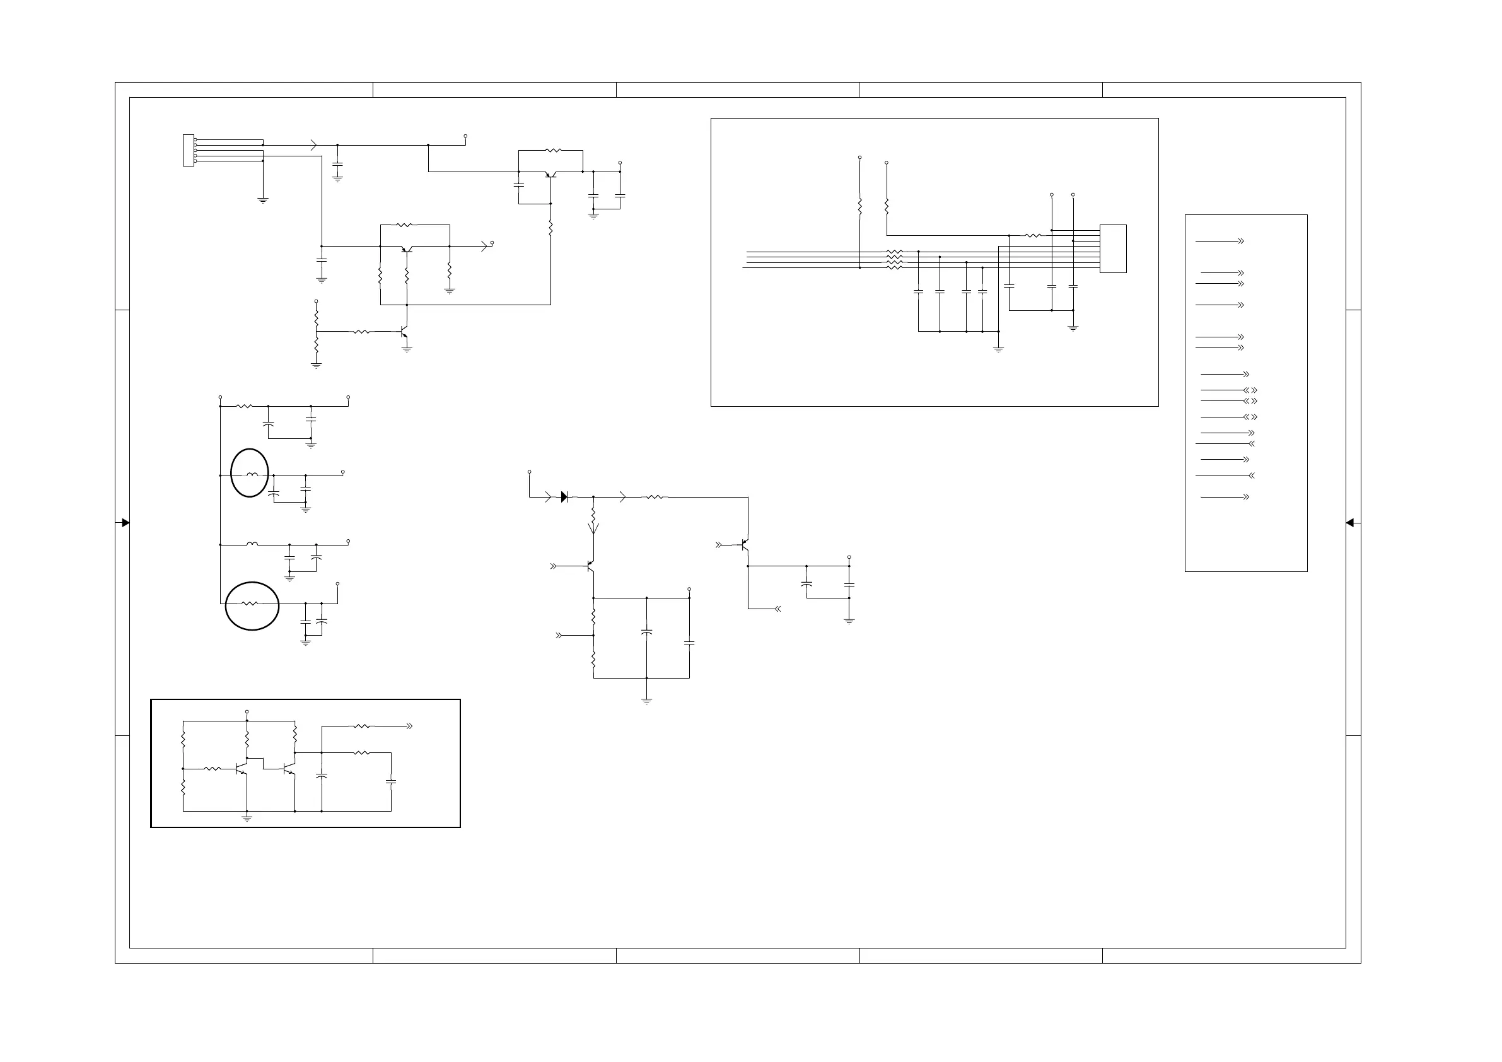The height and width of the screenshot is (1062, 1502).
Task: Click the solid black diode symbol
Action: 564,498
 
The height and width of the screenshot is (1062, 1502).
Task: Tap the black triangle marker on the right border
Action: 1350,523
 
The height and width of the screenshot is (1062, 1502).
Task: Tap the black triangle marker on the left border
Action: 125,523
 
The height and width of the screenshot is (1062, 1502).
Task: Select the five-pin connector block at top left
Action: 189,151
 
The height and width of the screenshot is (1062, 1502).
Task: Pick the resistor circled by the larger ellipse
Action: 249,604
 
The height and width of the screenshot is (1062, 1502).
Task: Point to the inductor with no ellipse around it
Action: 252,544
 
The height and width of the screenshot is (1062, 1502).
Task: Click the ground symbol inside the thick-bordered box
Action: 247,818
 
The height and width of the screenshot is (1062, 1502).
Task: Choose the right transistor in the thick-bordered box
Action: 289,768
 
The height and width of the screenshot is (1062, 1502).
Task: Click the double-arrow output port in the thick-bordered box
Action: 409,726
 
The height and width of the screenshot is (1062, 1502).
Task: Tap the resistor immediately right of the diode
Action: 655,498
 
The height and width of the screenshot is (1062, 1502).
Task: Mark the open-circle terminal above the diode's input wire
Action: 529,472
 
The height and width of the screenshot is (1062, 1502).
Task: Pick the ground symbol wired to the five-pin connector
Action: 263,201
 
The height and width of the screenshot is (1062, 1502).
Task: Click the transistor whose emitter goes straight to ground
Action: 404,332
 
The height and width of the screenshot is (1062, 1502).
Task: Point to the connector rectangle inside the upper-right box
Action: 1113,248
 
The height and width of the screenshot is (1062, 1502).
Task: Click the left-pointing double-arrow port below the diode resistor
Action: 777,609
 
